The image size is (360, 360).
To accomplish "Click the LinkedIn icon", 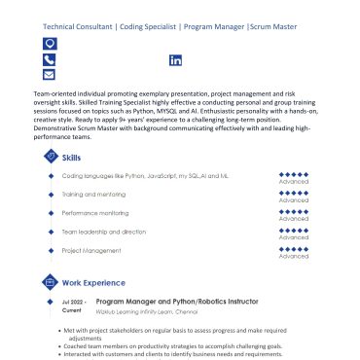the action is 176,60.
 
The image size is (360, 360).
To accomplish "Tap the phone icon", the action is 50,59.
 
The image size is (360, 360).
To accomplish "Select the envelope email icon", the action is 50,75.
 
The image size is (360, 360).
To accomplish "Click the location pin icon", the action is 50,44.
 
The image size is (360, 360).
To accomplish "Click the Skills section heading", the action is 72,157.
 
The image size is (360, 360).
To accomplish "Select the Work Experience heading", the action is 93,282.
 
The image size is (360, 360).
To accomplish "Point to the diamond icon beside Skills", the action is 50,157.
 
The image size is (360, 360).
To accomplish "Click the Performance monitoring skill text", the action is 95,212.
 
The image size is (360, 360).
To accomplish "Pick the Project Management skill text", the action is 90,250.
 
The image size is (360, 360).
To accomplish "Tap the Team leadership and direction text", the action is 103,232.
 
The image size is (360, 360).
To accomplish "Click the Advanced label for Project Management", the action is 293,256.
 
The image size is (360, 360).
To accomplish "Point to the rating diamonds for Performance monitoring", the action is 293,210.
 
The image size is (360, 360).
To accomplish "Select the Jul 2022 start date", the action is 74,302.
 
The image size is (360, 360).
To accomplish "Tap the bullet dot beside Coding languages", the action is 50,175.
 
